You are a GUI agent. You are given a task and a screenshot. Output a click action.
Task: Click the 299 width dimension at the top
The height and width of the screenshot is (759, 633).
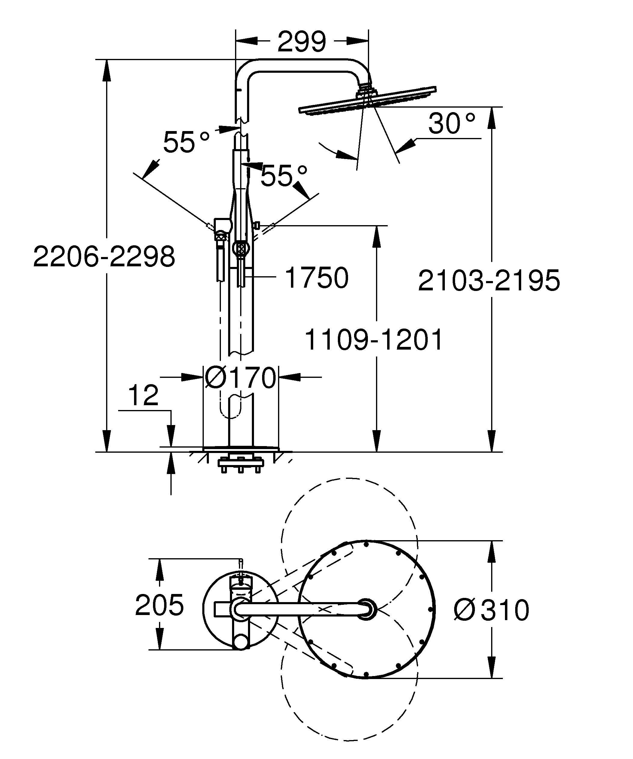tap(302, 41)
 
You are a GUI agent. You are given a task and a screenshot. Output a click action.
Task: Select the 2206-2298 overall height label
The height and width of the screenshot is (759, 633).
tap(104, 257)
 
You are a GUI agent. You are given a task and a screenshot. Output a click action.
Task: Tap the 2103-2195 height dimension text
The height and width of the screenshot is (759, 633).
tap(489, 280)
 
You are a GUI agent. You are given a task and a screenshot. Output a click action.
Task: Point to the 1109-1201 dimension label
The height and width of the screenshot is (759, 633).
tap(374, 340)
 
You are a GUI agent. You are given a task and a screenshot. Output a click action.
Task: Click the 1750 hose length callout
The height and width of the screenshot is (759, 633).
tap(316, 277)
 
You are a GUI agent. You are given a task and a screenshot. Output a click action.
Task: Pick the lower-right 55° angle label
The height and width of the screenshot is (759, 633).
tap(284, 176)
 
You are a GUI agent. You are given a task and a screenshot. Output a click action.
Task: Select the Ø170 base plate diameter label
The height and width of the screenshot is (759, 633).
tap(240, 378)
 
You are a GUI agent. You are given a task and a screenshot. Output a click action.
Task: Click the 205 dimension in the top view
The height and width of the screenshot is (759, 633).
tap(159, 605)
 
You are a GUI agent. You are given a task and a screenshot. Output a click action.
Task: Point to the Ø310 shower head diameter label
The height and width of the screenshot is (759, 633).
tap(491, 610)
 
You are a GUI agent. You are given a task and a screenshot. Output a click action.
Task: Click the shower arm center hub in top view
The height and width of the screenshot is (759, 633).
tap(366, 609)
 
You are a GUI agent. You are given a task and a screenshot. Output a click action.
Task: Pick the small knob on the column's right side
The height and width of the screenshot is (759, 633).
tap(256, 225)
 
